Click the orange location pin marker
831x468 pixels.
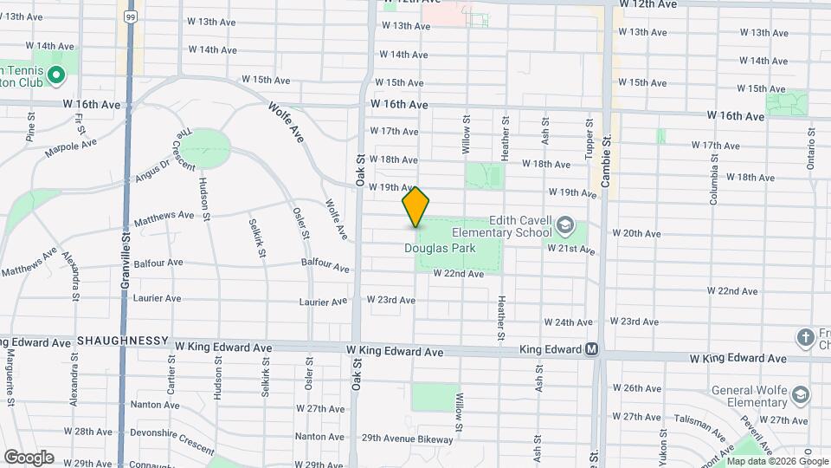coord(415,206)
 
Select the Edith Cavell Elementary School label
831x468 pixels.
coord(520,226)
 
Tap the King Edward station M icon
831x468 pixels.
coord(592,350)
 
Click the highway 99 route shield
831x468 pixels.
coord(130,16)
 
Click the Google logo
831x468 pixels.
coord(29,457)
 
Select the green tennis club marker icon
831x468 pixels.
coord(56,76)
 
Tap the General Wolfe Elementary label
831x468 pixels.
coord(745,396)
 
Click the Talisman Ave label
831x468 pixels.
coord(701,426)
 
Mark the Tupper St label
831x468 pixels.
coord(589,137)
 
